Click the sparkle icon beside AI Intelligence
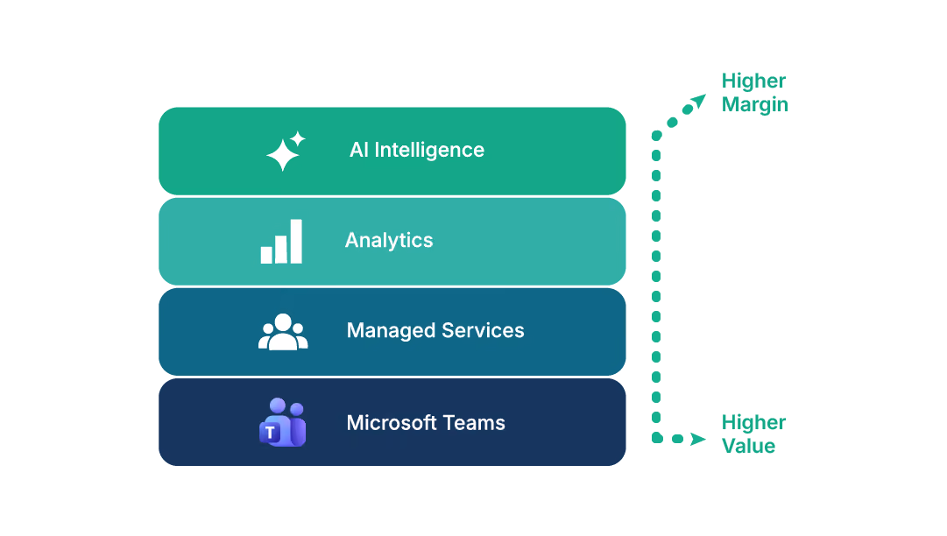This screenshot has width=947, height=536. pyautogui.click(x=286, y=151)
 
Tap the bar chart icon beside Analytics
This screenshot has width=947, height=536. pyautogui.click(x=281, y=242)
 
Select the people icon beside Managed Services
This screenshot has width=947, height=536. pyautogui.click(x=283, y=331)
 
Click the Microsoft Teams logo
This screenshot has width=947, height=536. pyautogui.click(x=283, y=422)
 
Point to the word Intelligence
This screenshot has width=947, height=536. pyautogui.click(x=429, y=151)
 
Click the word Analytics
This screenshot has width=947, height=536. pyautogui.click(x=389, y=240)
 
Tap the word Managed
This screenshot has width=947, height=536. pyautogui.click(x=391, y=331)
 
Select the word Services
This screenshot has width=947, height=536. pyautogui.click(x=483, y=330)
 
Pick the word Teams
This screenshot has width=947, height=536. pyautogui.click(x=474, y=422)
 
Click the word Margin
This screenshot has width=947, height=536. pyautogui.click(x=755, y=105)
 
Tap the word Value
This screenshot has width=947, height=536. pyautogui.click(x=748, y=446)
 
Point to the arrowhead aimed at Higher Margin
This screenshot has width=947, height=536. pyautogui.click(x=699, y=101)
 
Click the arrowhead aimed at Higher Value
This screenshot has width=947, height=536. pyautogui.click(x=698, y=439)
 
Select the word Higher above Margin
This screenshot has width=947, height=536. pyautogui.click(x=753, y=81)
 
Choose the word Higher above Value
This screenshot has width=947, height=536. pyautogui.click(x=753, y=422)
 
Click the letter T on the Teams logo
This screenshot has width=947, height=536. pyautogui.click(x=270, y=432)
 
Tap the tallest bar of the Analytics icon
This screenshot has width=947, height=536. pyautogui.click(x=296, y=242)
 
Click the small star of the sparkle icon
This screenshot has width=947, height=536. pyautogui.click(x=297, y=139)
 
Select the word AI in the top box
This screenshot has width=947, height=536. pyautogui.click(x=359, y=150)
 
